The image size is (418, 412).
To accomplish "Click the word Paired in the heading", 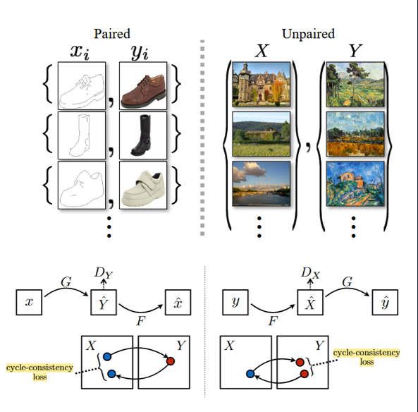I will tap(113, 33).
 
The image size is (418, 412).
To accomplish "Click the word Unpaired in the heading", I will tap(307, 33).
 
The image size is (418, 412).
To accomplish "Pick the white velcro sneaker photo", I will tap(144, 186).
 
